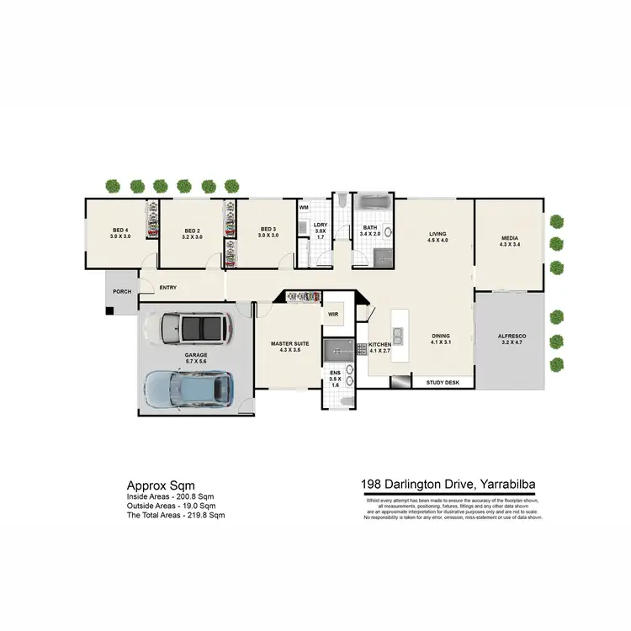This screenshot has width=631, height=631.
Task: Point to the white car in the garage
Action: (x=194, y=328)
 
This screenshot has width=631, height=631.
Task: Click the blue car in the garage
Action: (x=189, y=386)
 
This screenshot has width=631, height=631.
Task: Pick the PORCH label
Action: (x=122, y=292)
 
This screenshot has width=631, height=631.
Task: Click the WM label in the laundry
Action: (x=304, y=206)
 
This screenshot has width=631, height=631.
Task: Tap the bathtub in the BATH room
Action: (x=372, y=204)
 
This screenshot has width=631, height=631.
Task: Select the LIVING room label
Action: (x=437, y=234)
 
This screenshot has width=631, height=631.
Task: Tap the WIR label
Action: (x=333, y=315)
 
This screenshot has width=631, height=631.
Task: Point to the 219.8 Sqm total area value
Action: (x=204, y=514)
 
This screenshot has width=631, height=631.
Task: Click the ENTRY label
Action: (x=167, y=288)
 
